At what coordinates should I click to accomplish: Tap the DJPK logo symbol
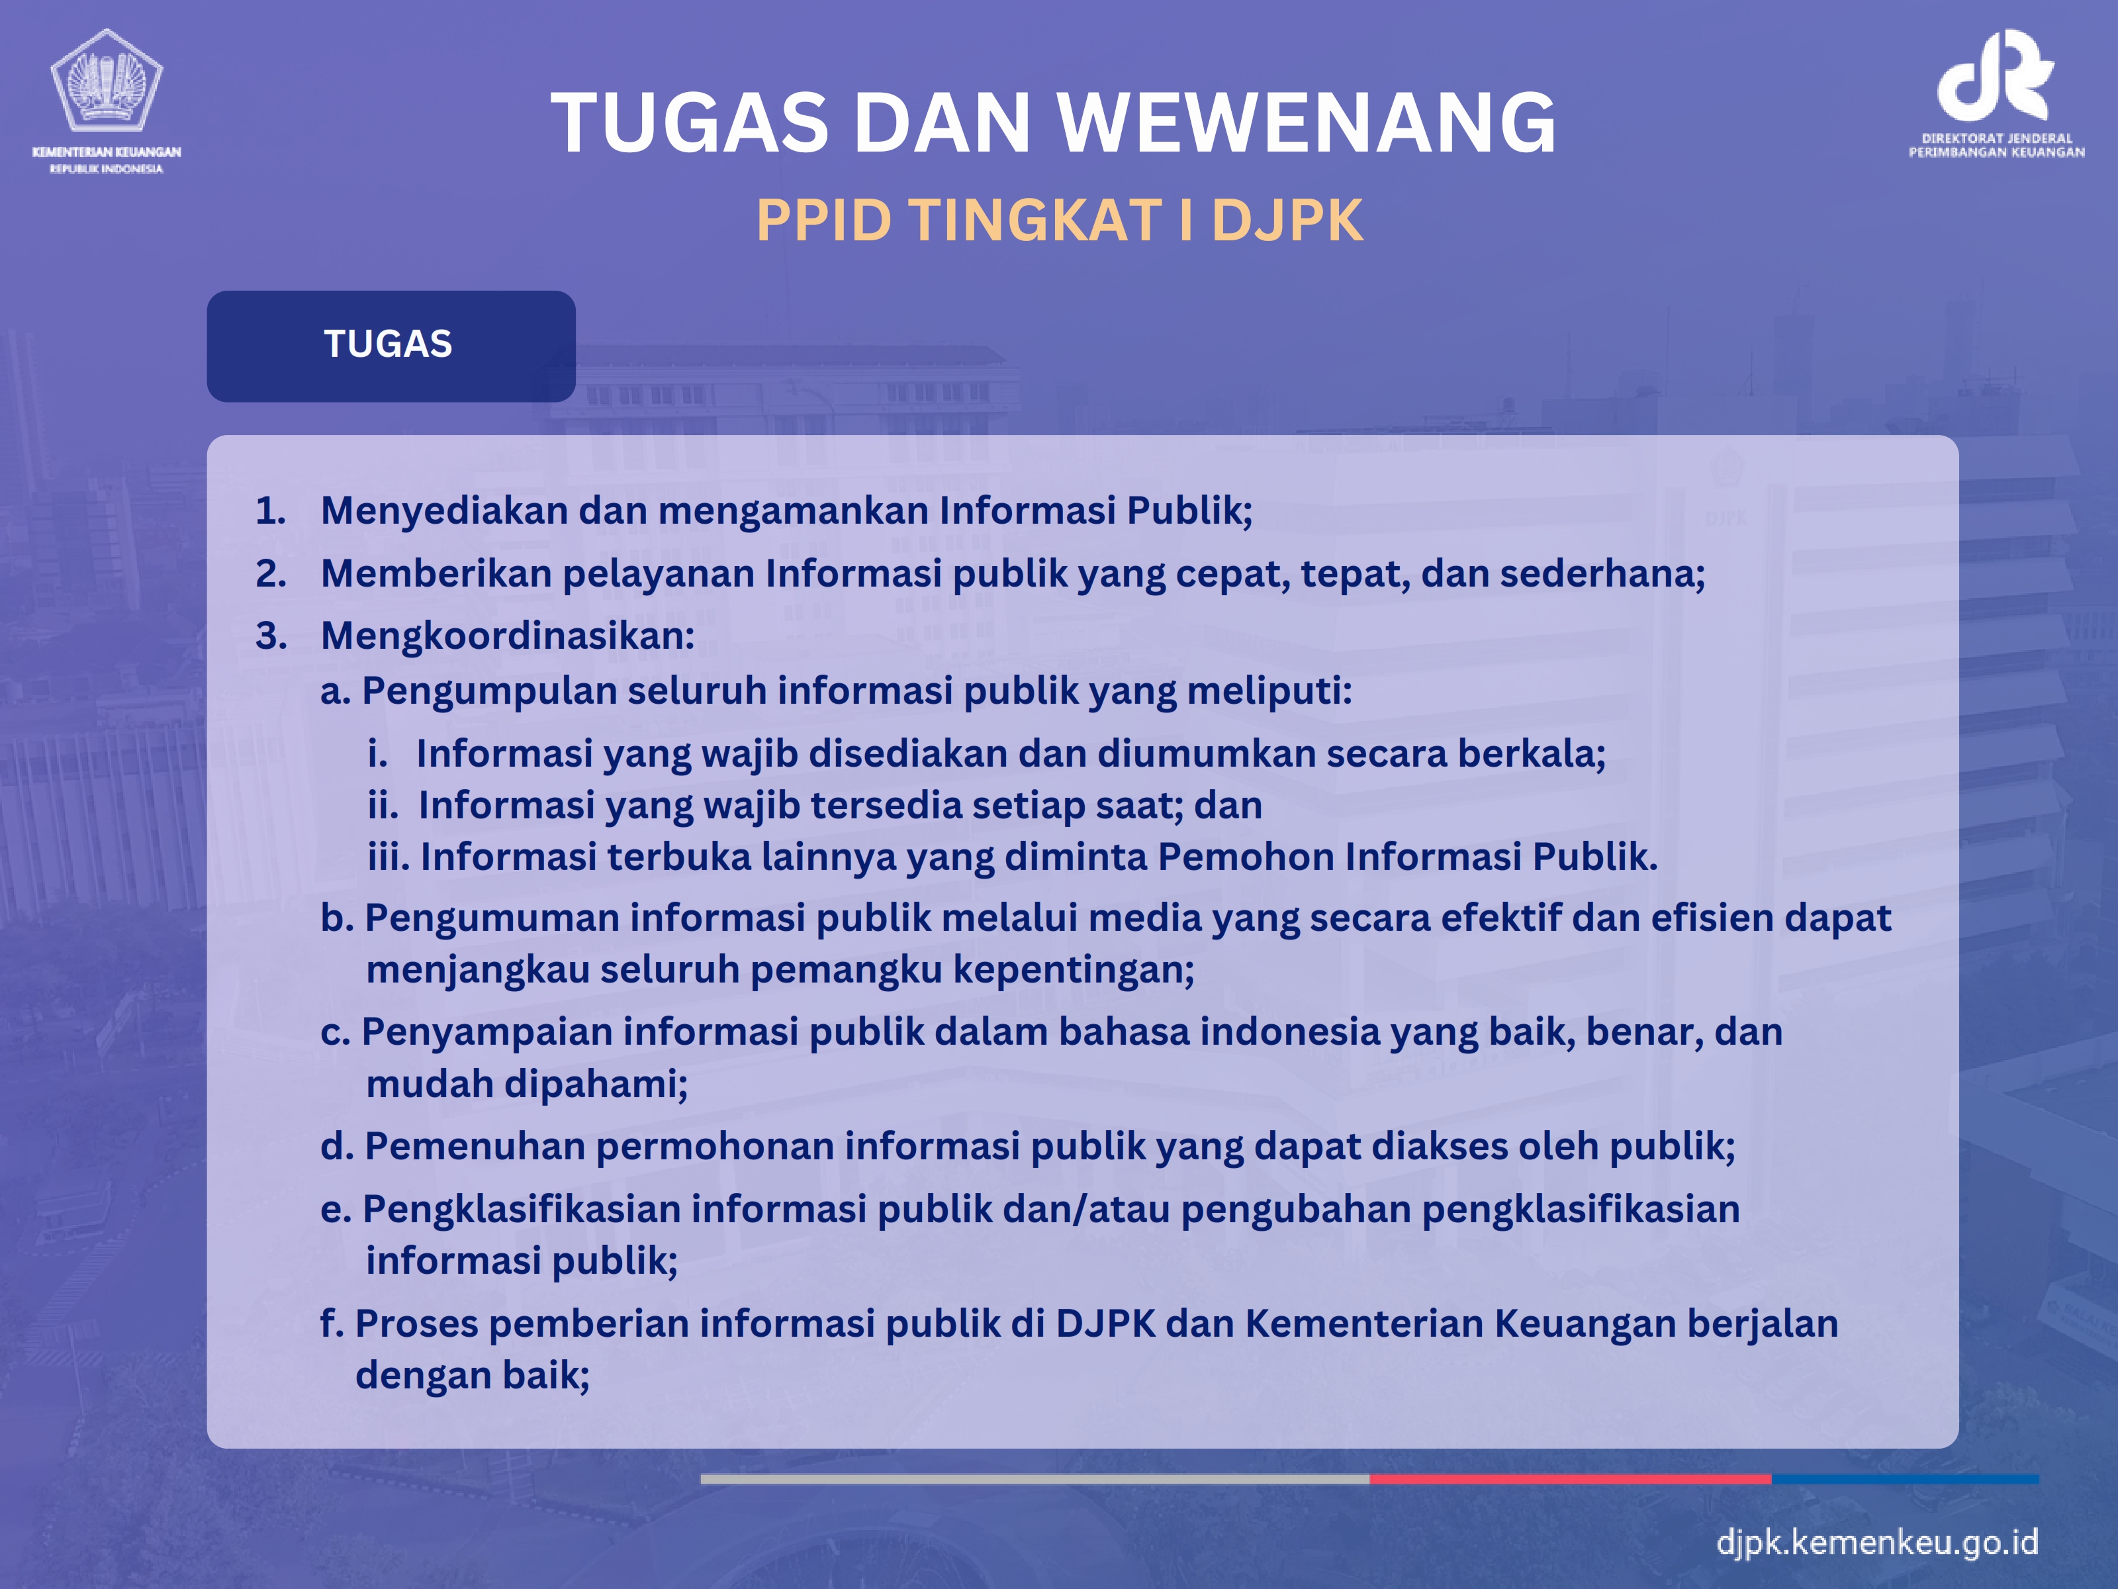(1996, 75)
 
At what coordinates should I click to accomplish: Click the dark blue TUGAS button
(391, 346)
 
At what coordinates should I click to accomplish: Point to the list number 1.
(271, 510)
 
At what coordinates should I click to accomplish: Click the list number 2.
(271, 574)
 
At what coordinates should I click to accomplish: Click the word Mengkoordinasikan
(508, 637)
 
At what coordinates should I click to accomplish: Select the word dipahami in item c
(596, 1085)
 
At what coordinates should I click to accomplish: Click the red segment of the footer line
(1571, 1479)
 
